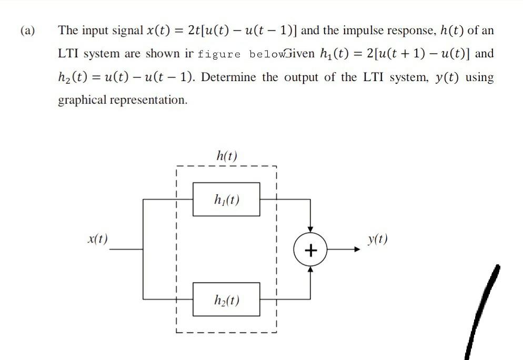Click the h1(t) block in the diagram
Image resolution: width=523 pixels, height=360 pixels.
(x=226, y=199)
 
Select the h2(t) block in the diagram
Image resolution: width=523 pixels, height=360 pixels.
(x=226, y=299)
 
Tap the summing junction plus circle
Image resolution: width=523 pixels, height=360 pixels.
(x=310, y=249)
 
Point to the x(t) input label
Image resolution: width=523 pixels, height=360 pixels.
(x=97, y=238)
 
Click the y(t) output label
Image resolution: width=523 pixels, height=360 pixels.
(x=378, y=239)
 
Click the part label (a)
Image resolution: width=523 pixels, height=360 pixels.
(x=28, y=30)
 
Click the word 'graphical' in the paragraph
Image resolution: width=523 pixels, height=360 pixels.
(x=82, y=100)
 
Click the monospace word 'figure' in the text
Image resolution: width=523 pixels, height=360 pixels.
(x=219, y=54)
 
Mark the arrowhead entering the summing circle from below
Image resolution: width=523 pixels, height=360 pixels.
(x=310, y=268)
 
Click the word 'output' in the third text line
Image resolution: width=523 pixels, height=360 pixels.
(x=301, y=77)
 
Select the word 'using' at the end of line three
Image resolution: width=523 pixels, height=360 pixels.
(x=479, y=77)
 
